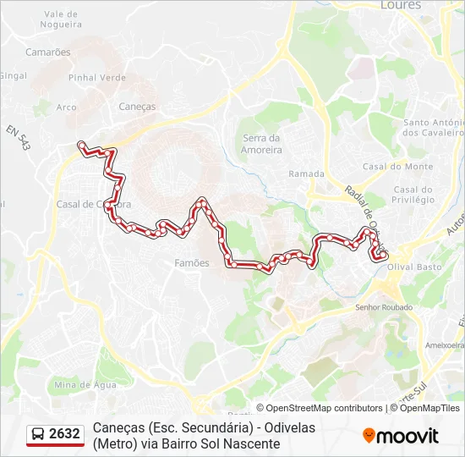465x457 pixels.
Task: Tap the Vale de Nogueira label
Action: (x=61, y=19)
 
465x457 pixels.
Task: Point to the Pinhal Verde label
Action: (x=97, y=78)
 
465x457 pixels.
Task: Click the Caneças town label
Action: (x=137, y=107)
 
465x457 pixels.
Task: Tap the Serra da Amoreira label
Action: (x=261, y=144)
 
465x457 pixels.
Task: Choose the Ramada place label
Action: (x=306, y=174)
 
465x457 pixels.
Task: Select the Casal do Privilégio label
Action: (x=413, y=195)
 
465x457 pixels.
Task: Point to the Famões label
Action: (x=191, y=263)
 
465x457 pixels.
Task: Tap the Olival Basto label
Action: (x=414, y=267)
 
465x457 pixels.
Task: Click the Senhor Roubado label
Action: (x=385, y=307)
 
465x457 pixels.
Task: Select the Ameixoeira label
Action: (x=446, y=344)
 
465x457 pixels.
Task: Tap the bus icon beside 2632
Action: (x=38, y=434)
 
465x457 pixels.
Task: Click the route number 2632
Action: (x=65, y=434)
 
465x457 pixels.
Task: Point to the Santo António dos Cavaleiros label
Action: (x=434, y=127)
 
